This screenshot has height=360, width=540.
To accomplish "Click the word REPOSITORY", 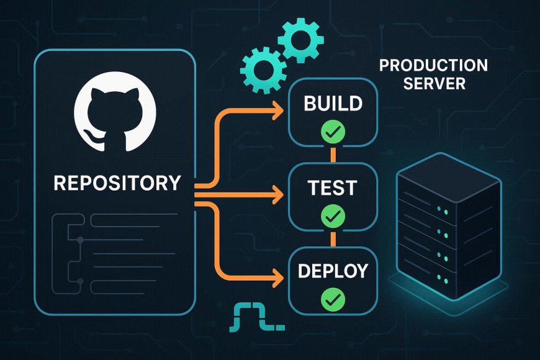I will pos(117,183).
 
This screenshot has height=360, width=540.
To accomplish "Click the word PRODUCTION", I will pos(433,66).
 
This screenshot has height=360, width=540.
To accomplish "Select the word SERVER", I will pos(434,83).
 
